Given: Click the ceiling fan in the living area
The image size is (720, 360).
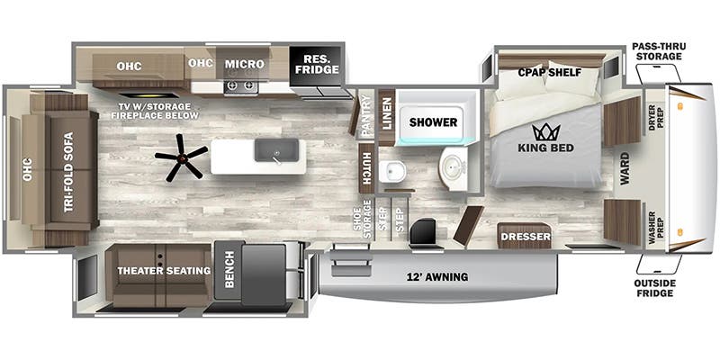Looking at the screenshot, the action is click(x=182, y=157).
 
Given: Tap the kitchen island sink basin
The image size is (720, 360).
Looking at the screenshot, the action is click(x=277, y=150).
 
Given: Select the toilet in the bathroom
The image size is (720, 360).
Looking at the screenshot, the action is click(x=395, y=172).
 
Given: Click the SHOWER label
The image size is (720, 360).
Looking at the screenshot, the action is click(x=433, y=122).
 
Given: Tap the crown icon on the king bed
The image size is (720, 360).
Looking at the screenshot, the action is click(x=546, y=132).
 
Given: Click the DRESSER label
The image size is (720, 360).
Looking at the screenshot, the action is click(x=526, y=237).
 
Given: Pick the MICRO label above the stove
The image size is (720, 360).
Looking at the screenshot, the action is click(x=244, y=64).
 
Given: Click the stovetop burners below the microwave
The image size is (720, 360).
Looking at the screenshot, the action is click(x=241, y=85).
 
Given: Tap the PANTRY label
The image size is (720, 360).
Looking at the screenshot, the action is click(x=366, y=116).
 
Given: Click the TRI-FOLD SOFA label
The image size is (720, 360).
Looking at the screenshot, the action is click(x=68, y=172).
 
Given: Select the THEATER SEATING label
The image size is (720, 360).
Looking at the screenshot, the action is click(x=164, y=271).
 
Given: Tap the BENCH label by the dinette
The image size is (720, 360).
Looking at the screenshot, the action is click(x=229, y=269).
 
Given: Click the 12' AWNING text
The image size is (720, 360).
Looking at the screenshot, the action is click(x=437, y=277).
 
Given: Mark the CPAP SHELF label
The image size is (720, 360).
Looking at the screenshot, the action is click(x=550, y=73).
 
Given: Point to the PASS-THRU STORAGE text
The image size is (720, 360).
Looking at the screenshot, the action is click(x=657, y=51).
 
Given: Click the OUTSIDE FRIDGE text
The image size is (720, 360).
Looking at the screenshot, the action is click(x=655, y=288).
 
